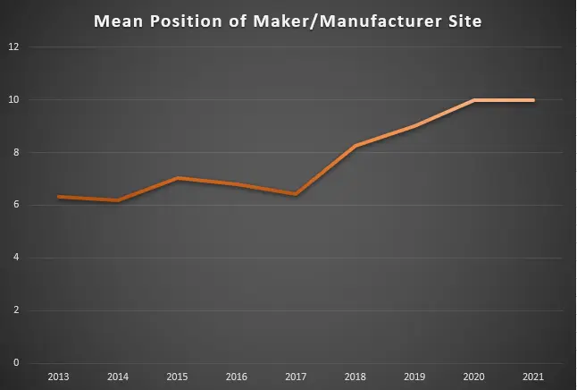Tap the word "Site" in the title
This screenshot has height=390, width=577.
(462, 21)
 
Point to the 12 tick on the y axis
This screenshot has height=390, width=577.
(13, 47)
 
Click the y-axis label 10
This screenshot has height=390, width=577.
(13, 99)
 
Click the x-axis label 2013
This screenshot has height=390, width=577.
(58, 377)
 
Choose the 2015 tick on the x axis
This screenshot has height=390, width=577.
(177, 377)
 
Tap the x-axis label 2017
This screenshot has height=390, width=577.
(296, 377)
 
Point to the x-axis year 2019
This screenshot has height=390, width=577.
(414, 377)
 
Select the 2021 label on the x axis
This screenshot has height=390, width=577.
(533, 377)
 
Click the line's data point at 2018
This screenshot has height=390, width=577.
(355, 146)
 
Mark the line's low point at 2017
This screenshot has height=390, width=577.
(296, 194)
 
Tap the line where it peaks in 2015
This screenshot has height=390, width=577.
(177, 178)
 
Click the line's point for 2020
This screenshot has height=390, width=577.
(474, 100)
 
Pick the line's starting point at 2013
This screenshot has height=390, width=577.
(58, 197)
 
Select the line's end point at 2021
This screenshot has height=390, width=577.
(533, 100)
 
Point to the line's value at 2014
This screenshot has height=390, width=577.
(118, 200)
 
